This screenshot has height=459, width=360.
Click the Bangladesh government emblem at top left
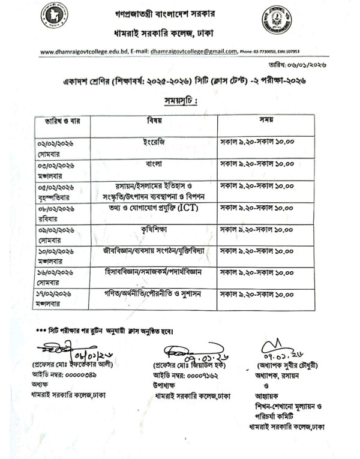55,16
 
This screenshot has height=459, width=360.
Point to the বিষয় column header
155,120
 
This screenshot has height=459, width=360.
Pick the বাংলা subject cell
154,163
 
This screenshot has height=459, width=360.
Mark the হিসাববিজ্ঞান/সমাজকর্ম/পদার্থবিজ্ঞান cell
154,271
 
